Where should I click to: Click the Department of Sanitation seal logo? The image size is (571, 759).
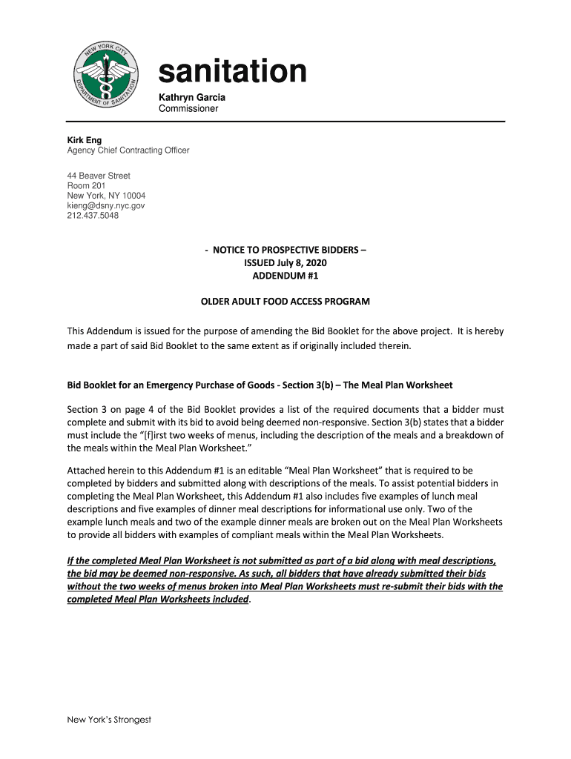click(105, 76)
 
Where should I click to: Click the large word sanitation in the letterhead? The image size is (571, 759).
click(232, 72)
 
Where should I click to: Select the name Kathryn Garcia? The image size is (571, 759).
click(192, 98)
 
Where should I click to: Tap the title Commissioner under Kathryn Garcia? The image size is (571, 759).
click(188, 109)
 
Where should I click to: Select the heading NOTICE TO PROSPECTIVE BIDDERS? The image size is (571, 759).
click(285, 251)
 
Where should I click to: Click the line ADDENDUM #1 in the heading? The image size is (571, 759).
click(285, 276)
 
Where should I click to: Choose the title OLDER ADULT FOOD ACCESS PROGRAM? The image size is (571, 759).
click(285, 302)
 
